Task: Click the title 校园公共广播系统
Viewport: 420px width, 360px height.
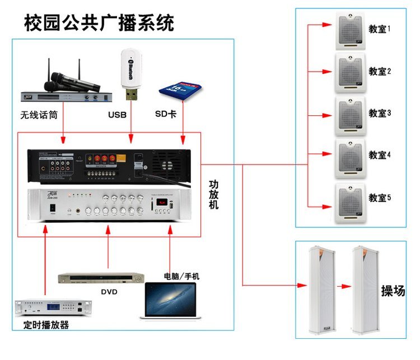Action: coord(100,23)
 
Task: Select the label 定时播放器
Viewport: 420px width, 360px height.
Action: coord(47,324)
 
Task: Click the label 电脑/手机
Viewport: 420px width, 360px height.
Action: coord(181,276)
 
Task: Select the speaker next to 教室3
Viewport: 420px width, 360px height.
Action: coord(350,115)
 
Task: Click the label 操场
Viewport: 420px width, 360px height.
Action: coord(393,290)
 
